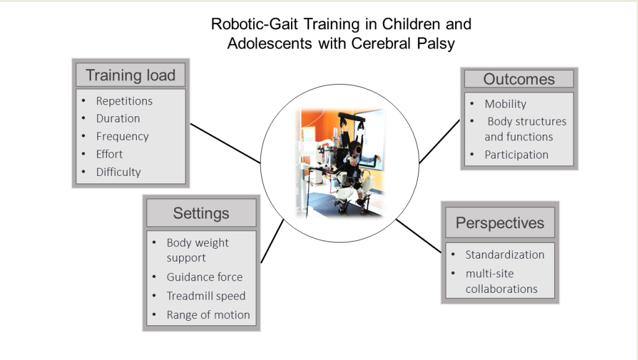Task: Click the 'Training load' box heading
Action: pyautogui.click(x=130, y=75)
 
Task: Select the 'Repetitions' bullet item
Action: pyautogui.click(x=124, y=101)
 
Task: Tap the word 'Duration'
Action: pyautogui.click(x=118, y=118)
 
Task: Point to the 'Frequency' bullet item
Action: pyautogui.click(x=123, y=136)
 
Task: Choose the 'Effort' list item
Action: pyautogui.click(x=109, y=154)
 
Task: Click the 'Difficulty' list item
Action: pyautogui.click(x=118, y=172)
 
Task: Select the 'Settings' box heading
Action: pyautogui.click(x=201, y=213)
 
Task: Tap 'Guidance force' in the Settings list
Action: pyautogui.click(x=205, y=277)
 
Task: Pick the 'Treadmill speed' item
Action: pyautogui.click(x=206, y=296)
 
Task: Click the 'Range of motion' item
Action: pyautogui.click(x=208, y=315)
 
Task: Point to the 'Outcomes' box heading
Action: pyautogui.click(x=519, y=79)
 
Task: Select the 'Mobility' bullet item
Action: pyautogui.click(x=506, y=104)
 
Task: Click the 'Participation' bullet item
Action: pyautogui.click(x=516, y=155)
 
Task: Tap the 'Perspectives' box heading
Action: pyautogui.click(x=500, y=223)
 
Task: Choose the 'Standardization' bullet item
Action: pyautogui.click(x=505, y=255)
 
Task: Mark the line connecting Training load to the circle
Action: pyautogui.click(x=226, y=144)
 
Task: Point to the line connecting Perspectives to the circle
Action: pyautogui.click(x=418, y=236)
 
